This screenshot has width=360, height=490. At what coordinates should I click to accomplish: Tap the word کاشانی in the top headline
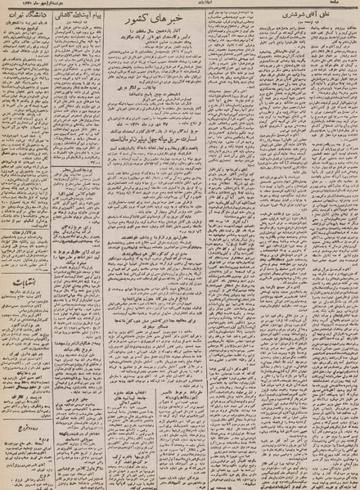point(66,16)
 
